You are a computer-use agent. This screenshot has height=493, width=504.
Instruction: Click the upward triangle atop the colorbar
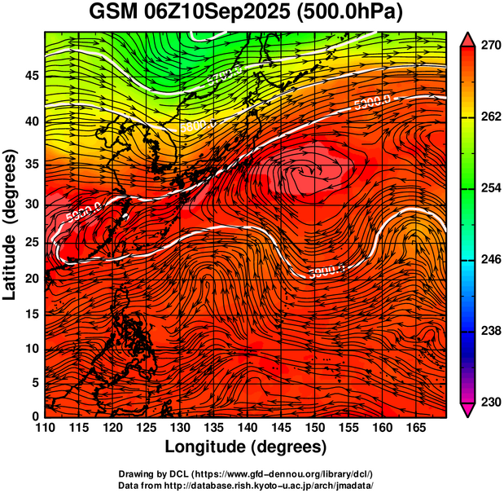[468, 39]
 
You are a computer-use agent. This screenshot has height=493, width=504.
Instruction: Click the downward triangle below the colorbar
[468, 410]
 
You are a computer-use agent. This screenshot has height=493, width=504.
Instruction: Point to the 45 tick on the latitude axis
[32, 76]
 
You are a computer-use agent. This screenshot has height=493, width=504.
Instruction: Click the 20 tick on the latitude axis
[32, 279]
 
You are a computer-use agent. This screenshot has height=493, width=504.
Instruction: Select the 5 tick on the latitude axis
[36, 381]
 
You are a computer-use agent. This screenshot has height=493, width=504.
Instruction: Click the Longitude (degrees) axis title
[246, 447]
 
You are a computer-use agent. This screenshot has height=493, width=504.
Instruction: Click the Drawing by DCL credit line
[246, 473]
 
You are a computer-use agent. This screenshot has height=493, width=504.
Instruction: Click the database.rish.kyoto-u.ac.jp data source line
[246, 484]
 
